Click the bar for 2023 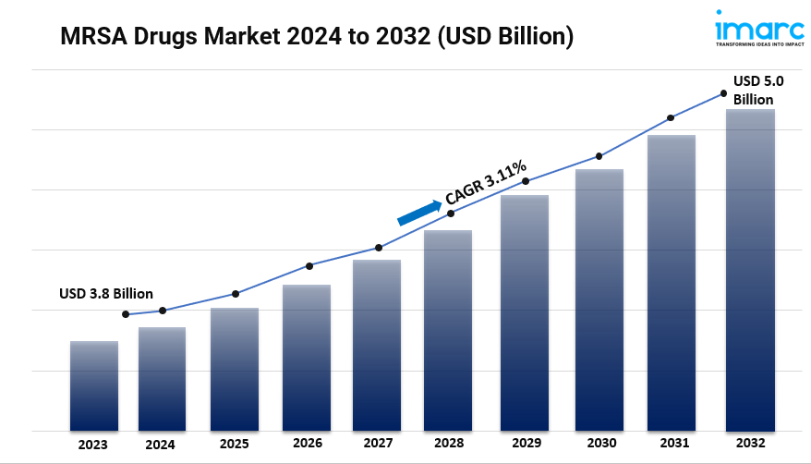point(94,385)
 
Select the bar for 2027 point(377,345)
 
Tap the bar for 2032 point(750,270)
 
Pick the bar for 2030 point(599,299)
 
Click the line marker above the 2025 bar point(236,294)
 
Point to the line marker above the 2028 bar point(451,214)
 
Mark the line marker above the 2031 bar point(671,117)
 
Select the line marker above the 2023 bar point(126,314)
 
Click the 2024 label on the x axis point(160,444)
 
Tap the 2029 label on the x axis point(523,444)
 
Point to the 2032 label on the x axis point(750,444)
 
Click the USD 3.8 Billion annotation point(106,293)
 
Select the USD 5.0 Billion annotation point(754,91)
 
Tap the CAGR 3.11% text point(486,182)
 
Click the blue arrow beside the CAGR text point(418,213)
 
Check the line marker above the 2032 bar point(723,93)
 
